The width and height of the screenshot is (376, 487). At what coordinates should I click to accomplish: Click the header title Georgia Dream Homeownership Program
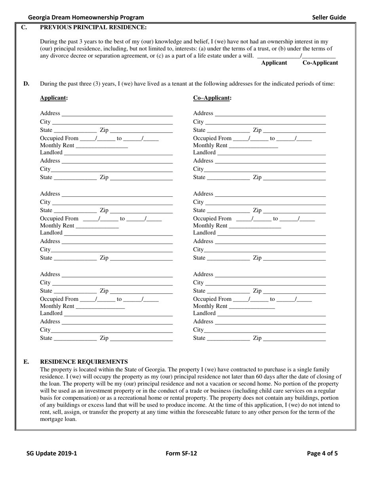[86, 17]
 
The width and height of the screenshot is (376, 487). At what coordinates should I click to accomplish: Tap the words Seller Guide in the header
[329, 17]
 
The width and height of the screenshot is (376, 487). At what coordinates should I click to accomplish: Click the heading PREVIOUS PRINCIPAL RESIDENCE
[93, 27]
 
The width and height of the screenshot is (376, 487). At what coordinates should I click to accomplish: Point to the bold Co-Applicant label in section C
[320, 63]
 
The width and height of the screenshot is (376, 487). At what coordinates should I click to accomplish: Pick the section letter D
[26, 84]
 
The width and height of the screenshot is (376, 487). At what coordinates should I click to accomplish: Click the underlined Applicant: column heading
[54, 98]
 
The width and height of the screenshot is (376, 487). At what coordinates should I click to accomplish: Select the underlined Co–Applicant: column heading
[212, 98]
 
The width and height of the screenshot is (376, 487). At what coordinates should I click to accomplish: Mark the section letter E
[26, 361]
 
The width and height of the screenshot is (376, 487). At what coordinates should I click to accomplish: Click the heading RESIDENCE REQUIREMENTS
[84, 361]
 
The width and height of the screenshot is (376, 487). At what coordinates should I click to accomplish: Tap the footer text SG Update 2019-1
[52, 453]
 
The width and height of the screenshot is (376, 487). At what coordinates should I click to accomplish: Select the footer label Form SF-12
[181, 453]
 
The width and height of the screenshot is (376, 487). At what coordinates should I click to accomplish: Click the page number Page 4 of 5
[322, 453]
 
